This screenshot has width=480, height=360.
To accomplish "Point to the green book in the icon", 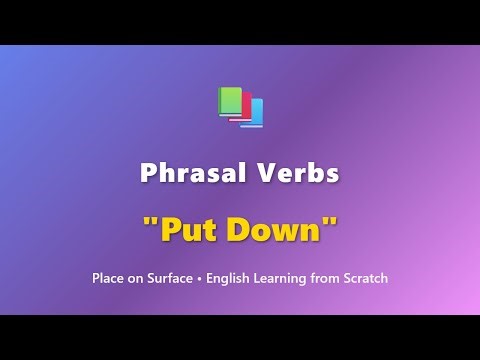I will [x=230, y=102].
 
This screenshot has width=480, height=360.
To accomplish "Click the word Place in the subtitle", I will [x=108, y=277].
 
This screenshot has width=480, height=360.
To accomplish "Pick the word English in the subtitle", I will [x=229, y=277].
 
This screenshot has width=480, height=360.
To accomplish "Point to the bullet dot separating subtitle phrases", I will [x=200, y=277].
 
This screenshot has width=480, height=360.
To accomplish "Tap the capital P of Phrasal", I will [x=148, y=173].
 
